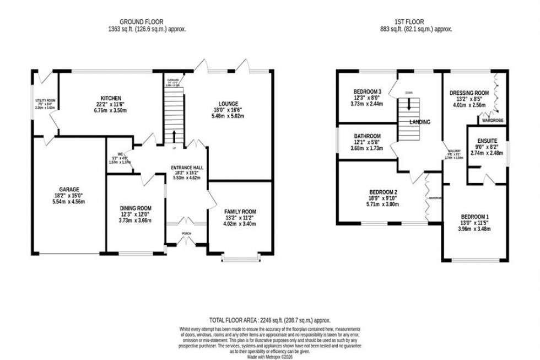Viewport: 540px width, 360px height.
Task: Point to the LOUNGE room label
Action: (x=228, y=104)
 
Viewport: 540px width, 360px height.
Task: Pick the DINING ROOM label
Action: (x=136, y=208)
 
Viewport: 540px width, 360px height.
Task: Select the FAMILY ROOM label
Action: (x=240, y=212)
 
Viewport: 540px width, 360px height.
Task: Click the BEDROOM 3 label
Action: (x=367, y=91)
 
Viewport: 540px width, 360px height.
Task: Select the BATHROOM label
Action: (x=367, y=136)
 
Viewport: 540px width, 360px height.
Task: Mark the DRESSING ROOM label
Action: (x=469, y=93)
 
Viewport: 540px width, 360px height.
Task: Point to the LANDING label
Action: (x=419, y=122)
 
